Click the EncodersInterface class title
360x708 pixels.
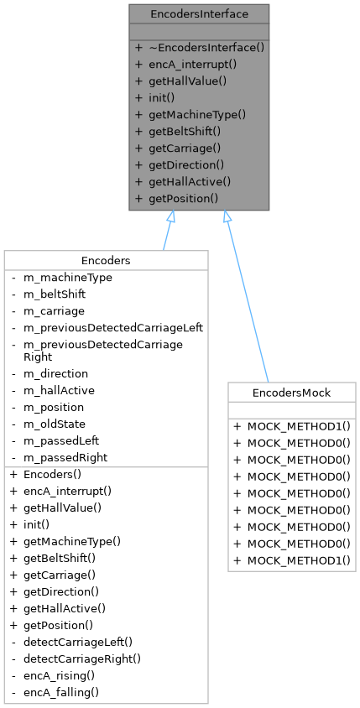[x=199, y=14]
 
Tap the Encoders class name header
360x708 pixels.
[x=106, y=260]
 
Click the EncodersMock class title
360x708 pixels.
[x=291, y=393]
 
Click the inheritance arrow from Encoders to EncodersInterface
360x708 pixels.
[x=167, y=231]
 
